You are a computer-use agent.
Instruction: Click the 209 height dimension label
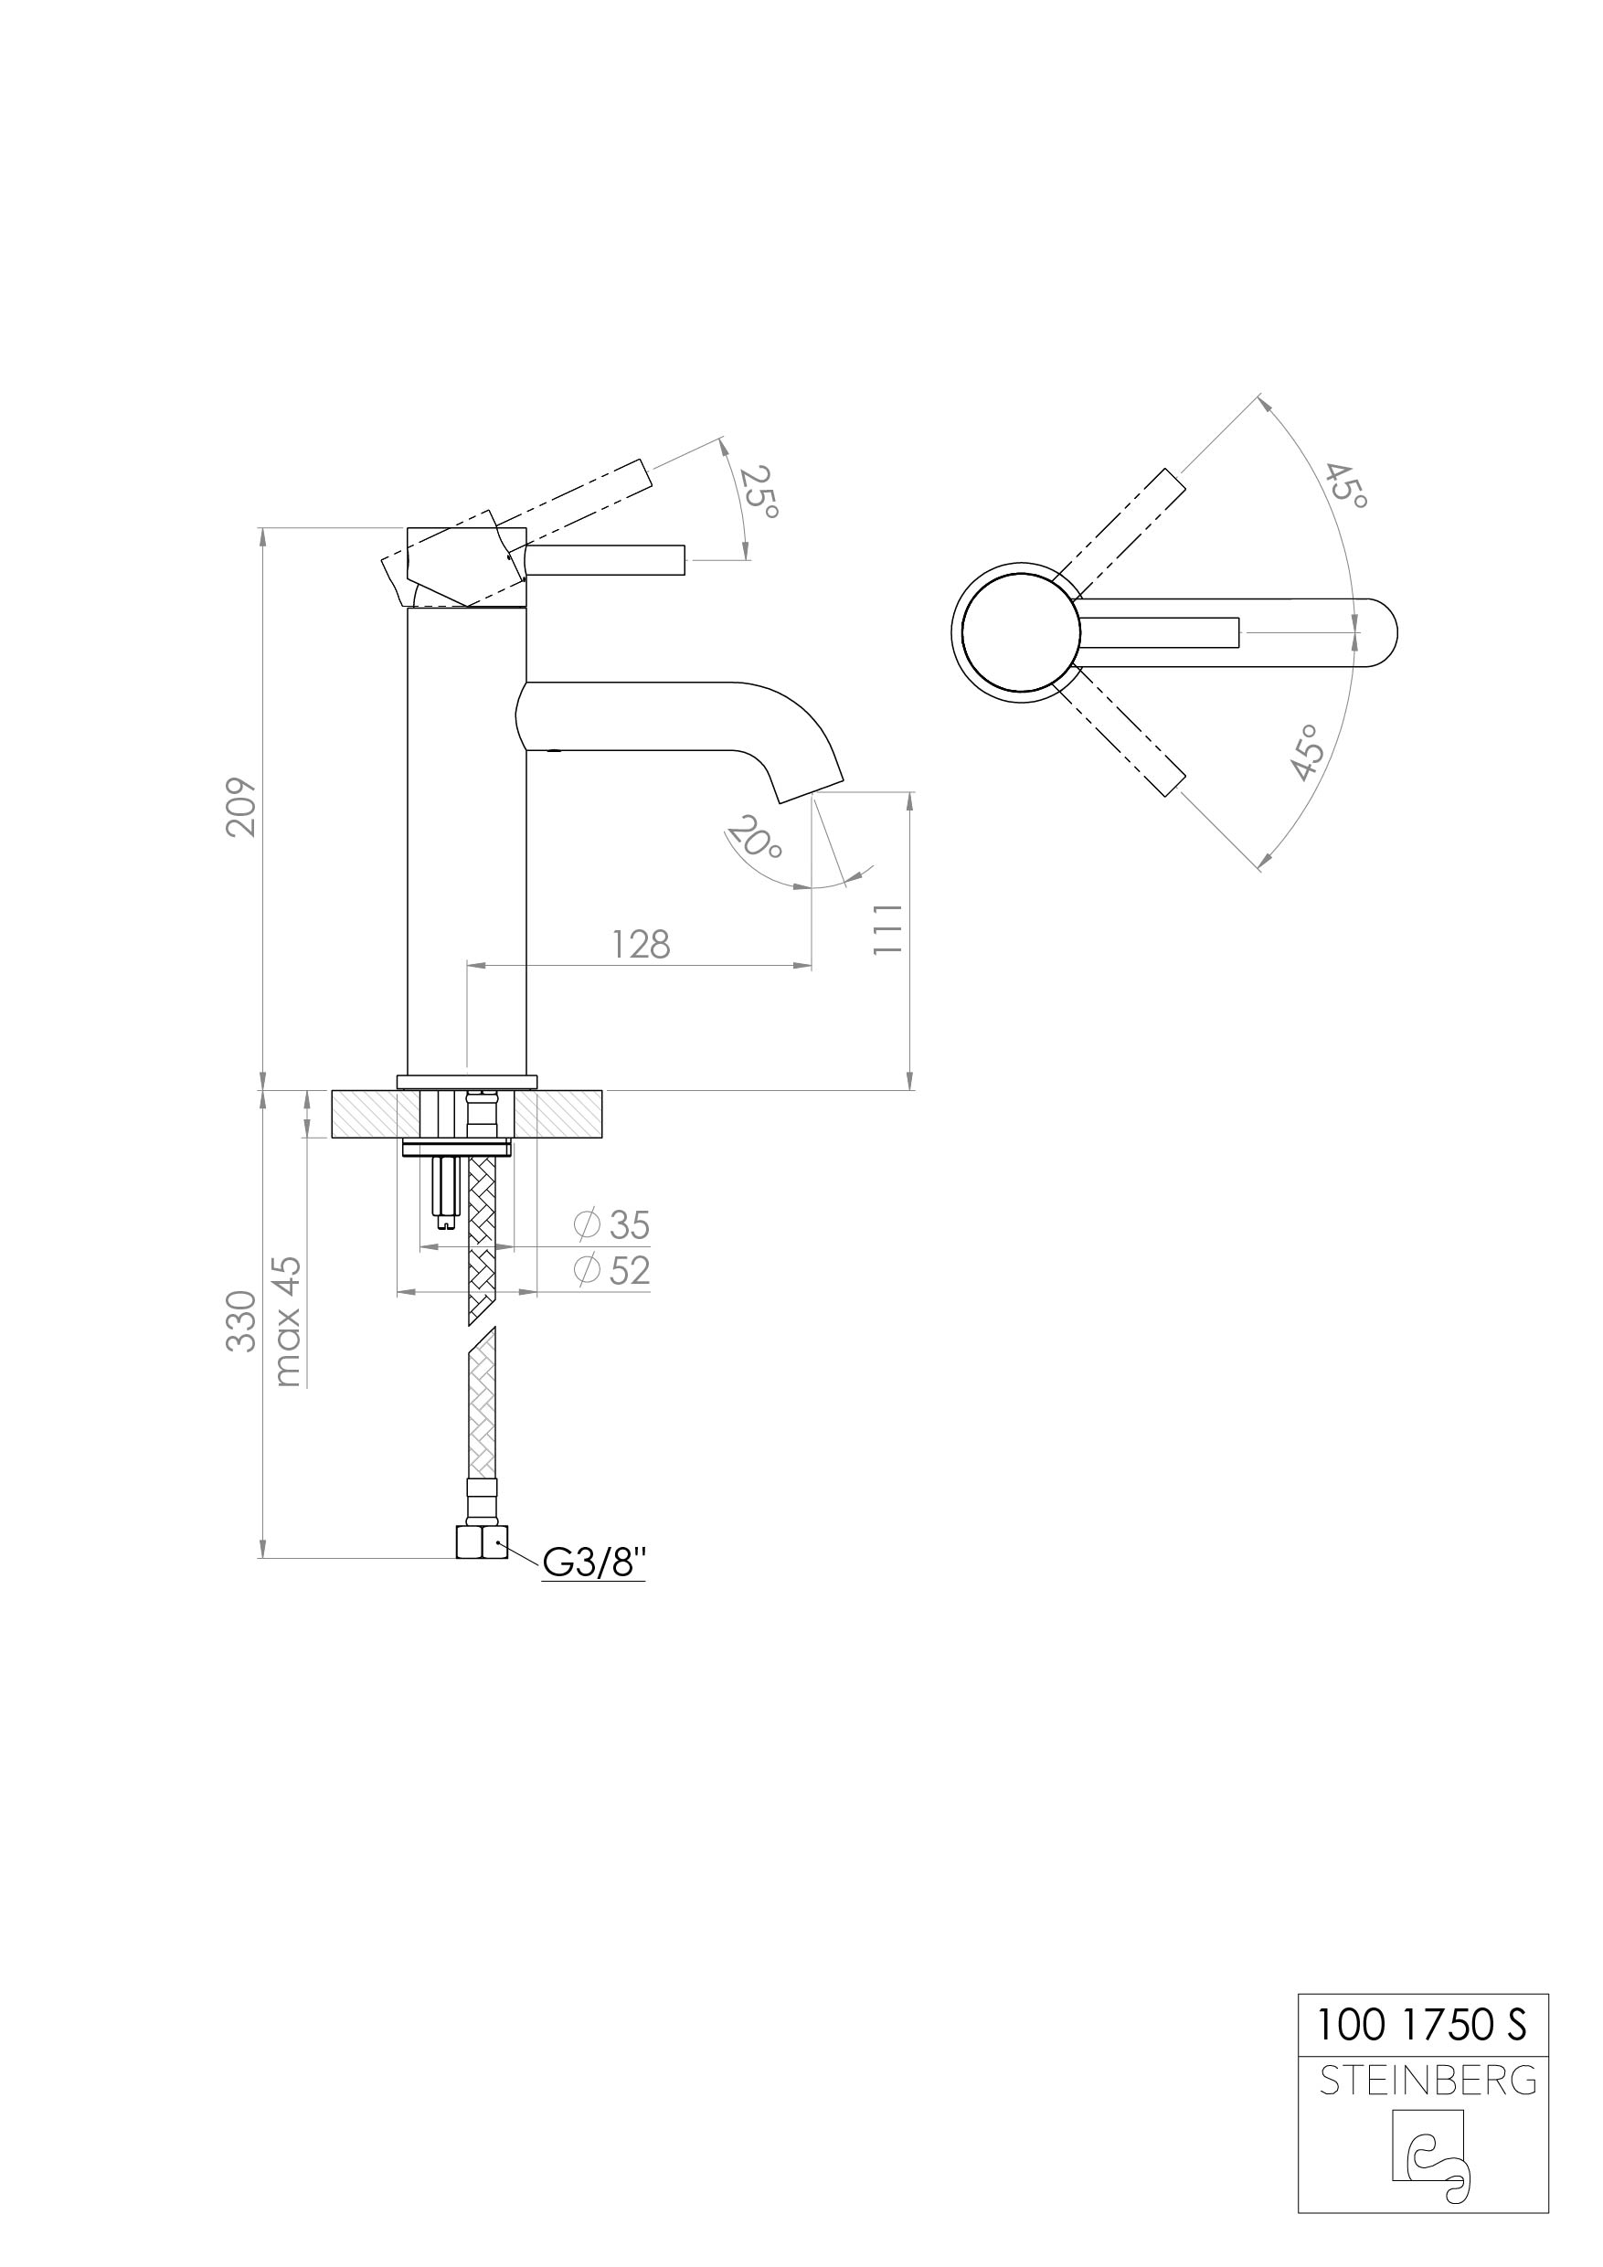(x=242, y=808)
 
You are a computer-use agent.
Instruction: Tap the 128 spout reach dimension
(x=641, y=945)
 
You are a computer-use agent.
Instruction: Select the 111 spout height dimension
(x=888, y=928)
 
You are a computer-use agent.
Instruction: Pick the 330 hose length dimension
(x=242, y=1320)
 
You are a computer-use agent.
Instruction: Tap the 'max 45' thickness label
(x=287, y=1321)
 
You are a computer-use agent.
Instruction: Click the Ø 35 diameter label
(x=612, y=1225)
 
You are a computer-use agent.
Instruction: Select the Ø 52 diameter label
(x=612, y=1271)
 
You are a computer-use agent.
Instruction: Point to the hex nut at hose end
(x=482, y=1542)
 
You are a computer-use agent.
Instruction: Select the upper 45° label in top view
(x=1347, y=486)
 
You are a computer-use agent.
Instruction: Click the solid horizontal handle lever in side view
(x=605, y=559)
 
